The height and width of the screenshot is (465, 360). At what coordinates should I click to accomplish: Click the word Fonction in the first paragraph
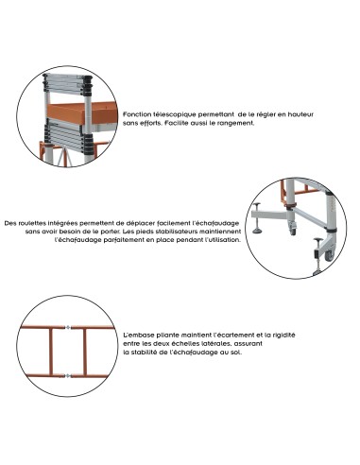(137, 113)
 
